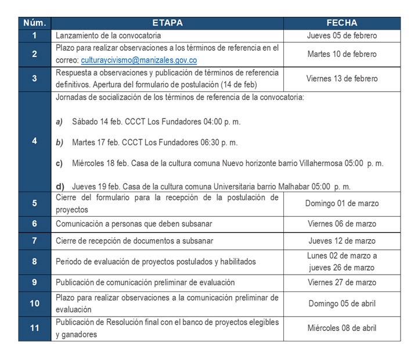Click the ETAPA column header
(167, 23)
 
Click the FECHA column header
(342, 23)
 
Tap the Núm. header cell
(35, 23)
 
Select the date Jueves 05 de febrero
(342, 35)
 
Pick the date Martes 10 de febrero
(342, 54)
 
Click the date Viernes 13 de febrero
(342, 78)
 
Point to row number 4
(35, 141)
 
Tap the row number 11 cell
(35, 328)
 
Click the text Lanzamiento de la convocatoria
(109, 35)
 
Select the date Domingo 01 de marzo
(342, 203)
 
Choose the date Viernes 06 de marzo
(342, 224)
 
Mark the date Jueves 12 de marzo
(342, 241)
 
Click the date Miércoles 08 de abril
(342, 328)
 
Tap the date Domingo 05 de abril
(342, 303)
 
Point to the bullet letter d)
(60, 187)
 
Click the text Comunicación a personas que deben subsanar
(134, 224)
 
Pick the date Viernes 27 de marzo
(342, 283)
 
